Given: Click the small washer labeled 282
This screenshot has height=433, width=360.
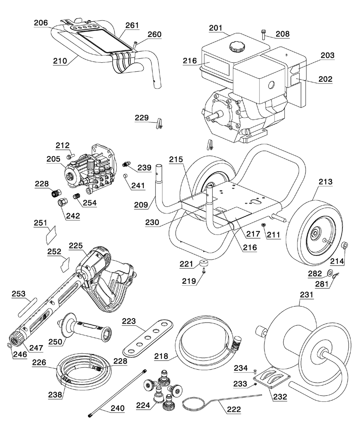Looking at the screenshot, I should (330, 271).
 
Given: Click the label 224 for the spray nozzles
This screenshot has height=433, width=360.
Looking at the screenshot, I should (143, 406).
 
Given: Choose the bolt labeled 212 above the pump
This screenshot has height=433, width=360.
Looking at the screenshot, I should (69, 156).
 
